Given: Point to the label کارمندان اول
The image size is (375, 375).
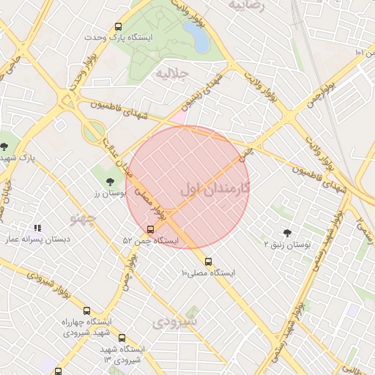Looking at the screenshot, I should click(x=214, y=188).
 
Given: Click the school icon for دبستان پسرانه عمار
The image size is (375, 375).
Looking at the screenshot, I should click(x=37, y=228).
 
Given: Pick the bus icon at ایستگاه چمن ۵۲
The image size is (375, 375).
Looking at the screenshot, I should click(x=151, y=229).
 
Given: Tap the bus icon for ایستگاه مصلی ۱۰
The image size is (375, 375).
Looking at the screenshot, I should click(x=209, y=261).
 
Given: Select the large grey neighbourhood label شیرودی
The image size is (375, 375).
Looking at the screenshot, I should click(x=176, y=322).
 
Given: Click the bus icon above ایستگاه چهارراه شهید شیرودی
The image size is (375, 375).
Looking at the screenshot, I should click(x=86, y=311).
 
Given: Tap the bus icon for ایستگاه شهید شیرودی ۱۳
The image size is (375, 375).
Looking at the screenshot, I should click(x=122, y=338).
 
